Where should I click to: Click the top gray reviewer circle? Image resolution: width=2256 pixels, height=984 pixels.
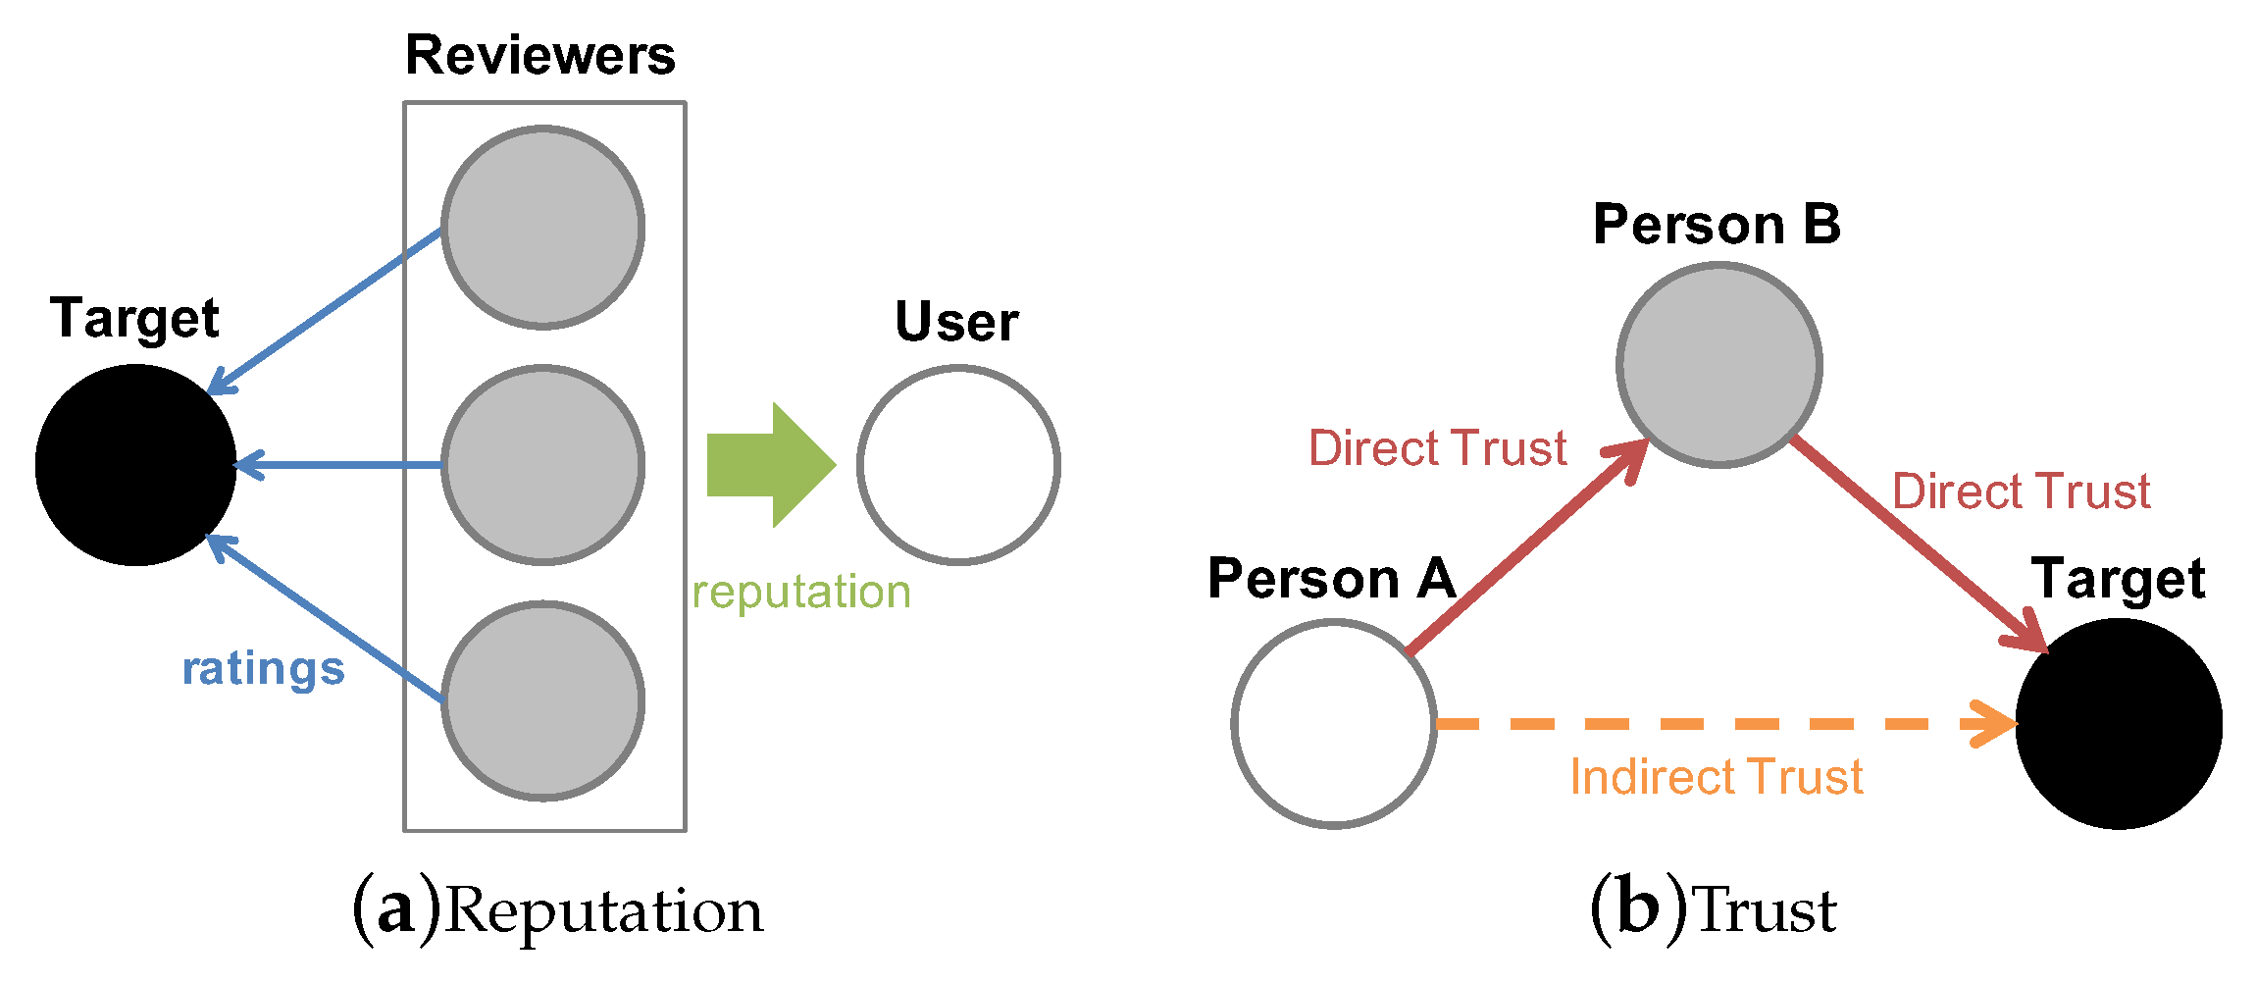542,228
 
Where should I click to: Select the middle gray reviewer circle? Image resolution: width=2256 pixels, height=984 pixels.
542,465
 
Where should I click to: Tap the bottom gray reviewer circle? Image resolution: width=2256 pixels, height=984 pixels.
542,701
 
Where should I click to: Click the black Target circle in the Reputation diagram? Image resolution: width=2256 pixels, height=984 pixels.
135,465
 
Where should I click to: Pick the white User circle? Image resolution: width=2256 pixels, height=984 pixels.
958,465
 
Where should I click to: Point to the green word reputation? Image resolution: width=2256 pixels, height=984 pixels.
801,593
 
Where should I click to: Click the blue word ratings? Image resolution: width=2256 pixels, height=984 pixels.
263,669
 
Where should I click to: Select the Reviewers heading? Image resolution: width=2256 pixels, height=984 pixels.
540,55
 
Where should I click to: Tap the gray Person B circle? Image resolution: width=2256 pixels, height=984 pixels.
1718,364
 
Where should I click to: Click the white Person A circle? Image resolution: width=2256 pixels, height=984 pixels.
1334,724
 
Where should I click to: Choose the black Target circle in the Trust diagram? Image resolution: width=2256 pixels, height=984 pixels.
2119,724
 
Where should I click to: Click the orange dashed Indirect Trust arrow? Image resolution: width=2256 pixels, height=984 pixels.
1717,724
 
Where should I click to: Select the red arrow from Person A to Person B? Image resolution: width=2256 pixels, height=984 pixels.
1525,547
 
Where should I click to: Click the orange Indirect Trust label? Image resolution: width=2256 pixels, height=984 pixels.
1717,777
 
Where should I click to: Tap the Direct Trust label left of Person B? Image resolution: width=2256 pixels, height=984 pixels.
1438,448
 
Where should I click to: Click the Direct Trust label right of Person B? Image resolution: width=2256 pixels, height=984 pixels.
2021,492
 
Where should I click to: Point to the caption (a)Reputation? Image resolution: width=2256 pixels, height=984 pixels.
557,909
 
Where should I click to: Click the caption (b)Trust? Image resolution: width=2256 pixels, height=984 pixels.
1713,909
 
